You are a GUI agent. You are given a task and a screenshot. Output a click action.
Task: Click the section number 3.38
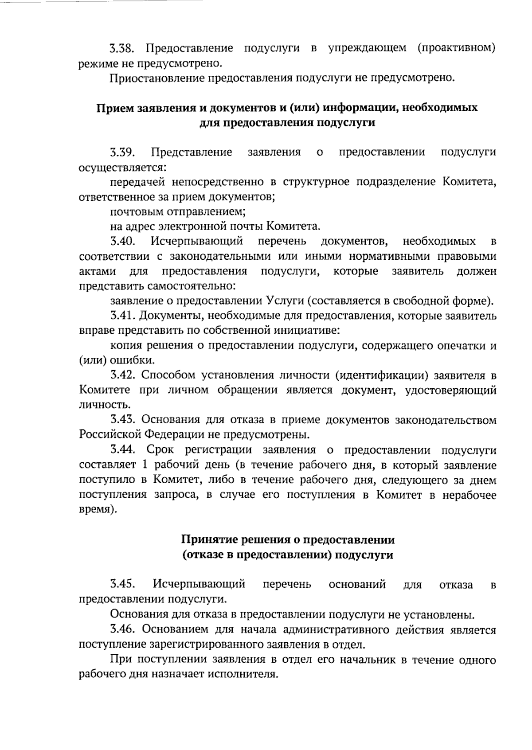coord(125,48)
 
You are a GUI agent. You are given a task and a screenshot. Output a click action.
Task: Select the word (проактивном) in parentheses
coord(456,48)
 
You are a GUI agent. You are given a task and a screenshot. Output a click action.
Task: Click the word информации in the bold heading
coord(351,108)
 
